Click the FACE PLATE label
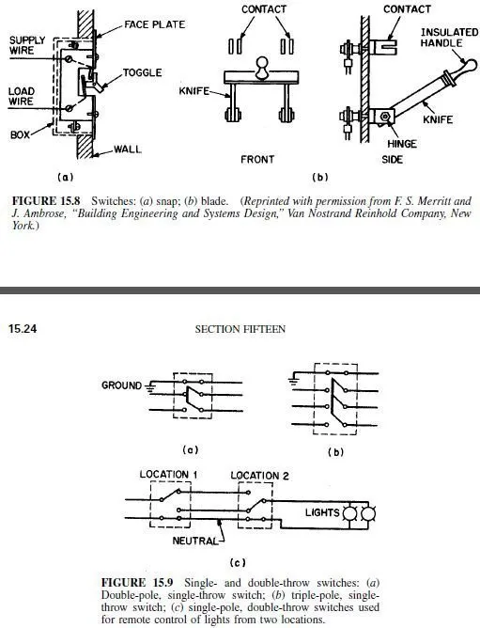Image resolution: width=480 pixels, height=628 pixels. coord(155,24)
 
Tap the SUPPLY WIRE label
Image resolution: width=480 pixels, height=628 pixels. coord(27,45)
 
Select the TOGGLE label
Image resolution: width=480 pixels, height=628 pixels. coord(142,72)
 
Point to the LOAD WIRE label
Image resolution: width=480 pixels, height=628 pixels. coord(22,96)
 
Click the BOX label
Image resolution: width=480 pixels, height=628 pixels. coord(20,135)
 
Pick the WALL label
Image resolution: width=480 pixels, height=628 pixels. coord(128,149)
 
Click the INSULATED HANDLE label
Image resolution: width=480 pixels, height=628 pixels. coord(449,38)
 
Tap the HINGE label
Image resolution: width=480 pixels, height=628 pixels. coord(402,144)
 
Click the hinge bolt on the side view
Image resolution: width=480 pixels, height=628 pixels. coord(385,117)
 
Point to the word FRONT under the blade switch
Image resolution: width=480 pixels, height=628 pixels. coord(257,160)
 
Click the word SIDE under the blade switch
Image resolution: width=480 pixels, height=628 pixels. coord(392,160)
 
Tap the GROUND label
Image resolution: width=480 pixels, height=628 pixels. coord(122,385)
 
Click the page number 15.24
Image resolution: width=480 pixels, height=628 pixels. coord(23,329)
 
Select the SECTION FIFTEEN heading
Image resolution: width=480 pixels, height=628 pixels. coord(240,329)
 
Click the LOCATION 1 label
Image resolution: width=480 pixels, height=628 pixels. coord(168,475)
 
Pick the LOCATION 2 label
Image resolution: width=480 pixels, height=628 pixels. coord(259,476)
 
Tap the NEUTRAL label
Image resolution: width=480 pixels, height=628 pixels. coord(195,541)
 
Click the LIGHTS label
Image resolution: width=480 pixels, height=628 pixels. coord(322,512)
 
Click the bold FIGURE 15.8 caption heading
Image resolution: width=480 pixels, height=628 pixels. coord(46,200)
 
